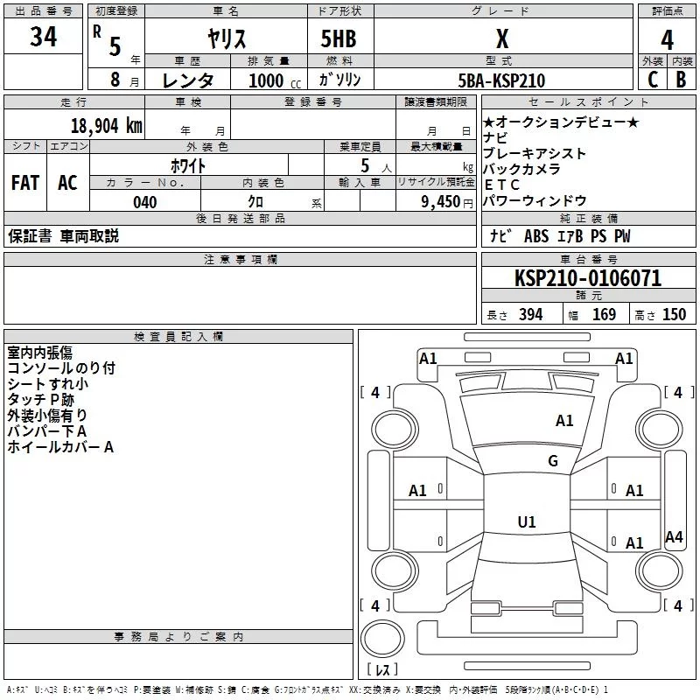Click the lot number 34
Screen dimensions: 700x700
pos(43,37)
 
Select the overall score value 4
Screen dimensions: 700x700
pos(668,39)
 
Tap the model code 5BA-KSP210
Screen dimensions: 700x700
pos(501,80)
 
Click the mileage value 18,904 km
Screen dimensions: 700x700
pos(106,125)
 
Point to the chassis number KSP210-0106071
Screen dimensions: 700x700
pos(588,278)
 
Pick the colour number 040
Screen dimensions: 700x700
pos(144,203)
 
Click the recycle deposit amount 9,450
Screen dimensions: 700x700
pos(440,202)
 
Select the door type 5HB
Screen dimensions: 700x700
pos(338,39)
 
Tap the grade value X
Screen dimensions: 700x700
pos(501,39)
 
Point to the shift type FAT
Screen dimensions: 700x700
pos(25,183)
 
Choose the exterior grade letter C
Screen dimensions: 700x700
pos(653,80)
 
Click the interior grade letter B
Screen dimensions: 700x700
pos(682,80)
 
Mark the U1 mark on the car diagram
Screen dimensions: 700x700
pos(526,522)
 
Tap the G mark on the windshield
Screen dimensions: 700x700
pos(552,461)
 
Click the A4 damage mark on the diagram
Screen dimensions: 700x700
pos(673,537)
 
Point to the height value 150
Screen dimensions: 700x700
pos(674,315)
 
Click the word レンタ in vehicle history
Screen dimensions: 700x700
pos(188,80)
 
